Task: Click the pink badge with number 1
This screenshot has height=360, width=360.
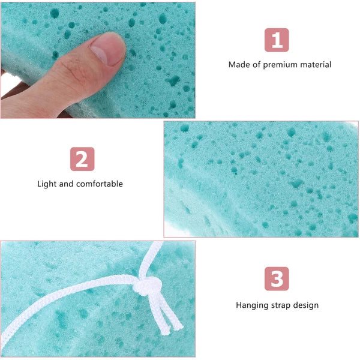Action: (x=277, y=40)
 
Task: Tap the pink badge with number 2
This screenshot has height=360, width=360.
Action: (x=82, y=160)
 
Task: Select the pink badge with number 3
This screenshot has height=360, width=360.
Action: (x=277, y=279)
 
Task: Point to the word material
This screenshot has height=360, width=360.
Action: (x=316, y=64)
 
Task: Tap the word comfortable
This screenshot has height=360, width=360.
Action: (x=100, y=184)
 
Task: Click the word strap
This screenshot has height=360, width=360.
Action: (x=281, y=305)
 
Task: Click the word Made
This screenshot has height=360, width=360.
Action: (x=239, y=64)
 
